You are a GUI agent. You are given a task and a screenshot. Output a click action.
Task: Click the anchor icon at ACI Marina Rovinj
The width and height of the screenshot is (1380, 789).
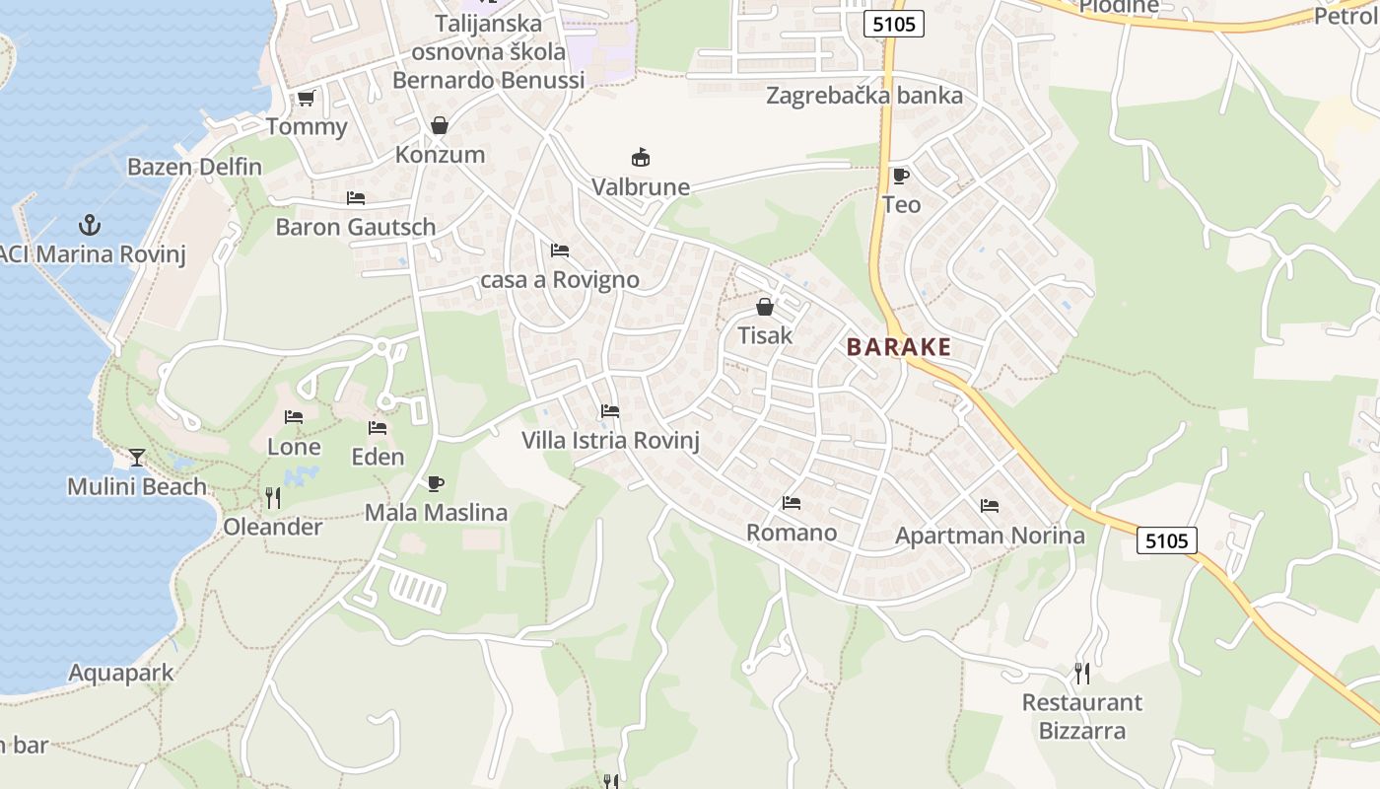pyautogui.click(x=90, y=225)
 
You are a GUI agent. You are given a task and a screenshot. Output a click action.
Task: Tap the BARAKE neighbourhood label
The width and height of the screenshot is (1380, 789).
pyautogui.click(x=898, y=347)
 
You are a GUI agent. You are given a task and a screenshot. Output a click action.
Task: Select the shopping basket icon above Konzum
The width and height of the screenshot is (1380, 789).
pyautogui.click(x=440, y=125)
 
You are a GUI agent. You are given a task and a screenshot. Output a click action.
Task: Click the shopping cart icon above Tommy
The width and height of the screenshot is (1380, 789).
pyautogui.click(x=306, y=98)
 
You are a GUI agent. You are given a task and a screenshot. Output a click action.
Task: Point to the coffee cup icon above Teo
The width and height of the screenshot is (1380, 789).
pyautogui.click(x=900, y=176)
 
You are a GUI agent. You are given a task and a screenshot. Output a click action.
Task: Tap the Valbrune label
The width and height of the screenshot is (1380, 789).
pyautogui.click(x=641, y=187)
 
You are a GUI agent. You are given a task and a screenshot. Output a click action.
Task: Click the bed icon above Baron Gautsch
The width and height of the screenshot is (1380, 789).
pyautogui.click(x=356, y=198)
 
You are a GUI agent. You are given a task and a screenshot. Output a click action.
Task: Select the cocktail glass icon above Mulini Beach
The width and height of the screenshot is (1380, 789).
pyautogui.click(x=136, y=458)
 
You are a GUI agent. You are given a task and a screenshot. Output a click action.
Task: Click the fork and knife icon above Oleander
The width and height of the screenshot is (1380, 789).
pyautogui.click(x=273, y=498)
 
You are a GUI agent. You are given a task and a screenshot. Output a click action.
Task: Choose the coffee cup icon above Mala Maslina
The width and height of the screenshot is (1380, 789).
pyautogui.click(x=435, y=483)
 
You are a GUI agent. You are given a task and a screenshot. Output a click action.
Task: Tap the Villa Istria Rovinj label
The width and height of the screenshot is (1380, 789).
pyautogui.click(x=610, y=440)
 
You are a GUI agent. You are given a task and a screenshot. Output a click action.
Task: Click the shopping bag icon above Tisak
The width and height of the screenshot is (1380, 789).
pyautogui.click(x=764, y=307)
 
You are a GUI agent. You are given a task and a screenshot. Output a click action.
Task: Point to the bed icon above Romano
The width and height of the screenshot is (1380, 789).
pyautogui.click(x=792, y=503)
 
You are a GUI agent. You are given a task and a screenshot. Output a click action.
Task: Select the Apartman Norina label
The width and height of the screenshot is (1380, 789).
pyautogui.click(x=990, y=536)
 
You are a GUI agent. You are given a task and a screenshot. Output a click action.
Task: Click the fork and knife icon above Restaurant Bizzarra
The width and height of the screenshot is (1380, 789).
pyautogui.click(x=1082, y=674)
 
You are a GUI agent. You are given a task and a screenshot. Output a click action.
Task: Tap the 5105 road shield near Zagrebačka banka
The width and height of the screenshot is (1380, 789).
pyautogui.click(x=894, y=24)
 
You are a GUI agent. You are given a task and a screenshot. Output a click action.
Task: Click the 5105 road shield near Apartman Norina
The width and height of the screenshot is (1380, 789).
pyautogui.click(x=1167, y=540)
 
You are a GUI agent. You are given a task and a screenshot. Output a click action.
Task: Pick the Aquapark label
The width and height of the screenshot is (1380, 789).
pyautogui.click(x=120, y=674)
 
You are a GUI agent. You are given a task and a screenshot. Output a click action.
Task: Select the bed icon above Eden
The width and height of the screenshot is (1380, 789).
pyautogui.click(x=378, y=428)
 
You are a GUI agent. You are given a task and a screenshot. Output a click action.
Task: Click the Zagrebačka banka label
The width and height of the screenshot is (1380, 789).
pyautogui.click(x=864, y=96)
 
